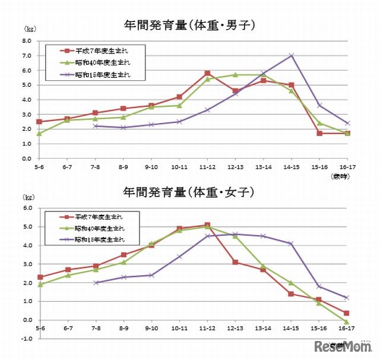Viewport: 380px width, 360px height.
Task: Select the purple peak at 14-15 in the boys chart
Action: (291, 55)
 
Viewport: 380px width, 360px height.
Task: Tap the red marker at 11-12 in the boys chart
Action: (207, 73)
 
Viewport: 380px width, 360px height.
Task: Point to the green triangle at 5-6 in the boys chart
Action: (39, 134)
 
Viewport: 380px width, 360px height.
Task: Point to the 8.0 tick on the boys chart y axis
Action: (27, 41)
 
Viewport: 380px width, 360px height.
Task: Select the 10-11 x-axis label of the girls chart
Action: (180, 328)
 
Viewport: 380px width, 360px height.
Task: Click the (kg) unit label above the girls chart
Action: (28, 196)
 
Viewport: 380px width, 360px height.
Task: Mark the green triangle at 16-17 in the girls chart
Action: (347, 321)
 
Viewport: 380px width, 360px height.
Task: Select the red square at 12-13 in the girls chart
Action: (235, 262)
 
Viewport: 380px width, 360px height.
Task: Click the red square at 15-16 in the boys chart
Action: (319, 134)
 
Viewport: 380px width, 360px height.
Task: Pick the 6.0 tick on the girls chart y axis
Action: (27, 208)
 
